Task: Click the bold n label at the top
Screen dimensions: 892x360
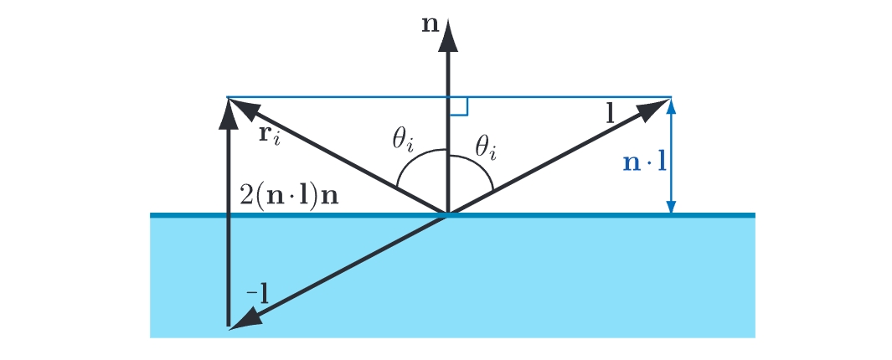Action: click(x=430, y=26)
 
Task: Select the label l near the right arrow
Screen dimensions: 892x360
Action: click(x=611, y=115)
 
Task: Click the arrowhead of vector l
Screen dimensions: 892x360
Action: click(x=655, y=107)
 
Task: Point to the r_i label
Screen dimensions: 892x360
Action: click(x=271, y=137)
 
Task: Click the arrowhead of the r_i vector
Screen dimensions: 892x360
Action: click(x=243, y=107)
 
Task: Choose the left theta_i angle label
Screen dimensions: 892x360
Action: click(x=403, y=139)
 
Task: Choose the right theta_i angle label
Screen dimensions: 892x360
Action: click(x=485, y=149)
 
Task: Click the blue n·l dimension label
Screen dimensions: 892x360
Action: click(x=645, y=162)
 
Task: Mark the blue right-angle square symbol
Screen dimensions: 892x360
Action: click(x=458, y=106)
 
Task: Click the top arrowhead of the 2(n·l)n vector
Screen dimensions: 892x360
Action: click(x=229, y=113)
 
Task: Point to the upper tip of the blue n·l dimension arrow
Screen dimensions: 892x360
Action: click(x=672, y=99)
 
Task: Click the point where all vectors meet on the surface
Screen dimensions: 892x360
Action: click(x=448, y=214)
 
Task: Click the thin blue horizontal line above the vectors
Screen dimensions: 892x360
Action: click(x=450, y=97)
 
